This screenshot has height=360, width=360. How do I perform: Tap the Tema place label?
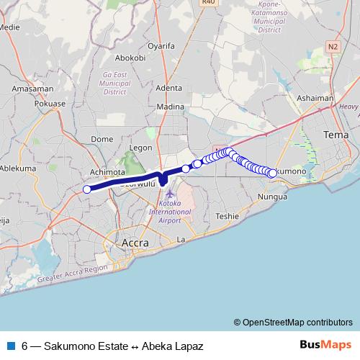click(x=336, y=135)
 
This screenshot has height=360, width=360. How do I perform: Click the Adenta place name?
click(x=168, y=88)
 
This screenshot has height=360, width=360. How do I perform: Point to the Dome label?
click(x=103, y=139)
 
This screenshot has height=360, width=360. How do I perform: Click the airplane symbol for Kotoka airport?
click(x=168, y=194)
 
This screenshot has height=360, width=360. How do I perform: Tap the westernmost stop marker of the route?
click(x=87, y=189)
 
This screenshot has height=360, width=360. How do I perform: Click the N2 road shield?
click(x=332, y=46)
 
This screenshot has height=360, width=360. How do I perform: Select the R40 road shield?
click(x=209, y=3)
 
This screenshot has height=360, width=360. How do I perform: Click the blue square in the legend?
click(x=9, y=346)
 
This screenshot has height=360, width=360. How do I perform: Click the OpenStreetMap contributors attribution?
click(x=293, y=322)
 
